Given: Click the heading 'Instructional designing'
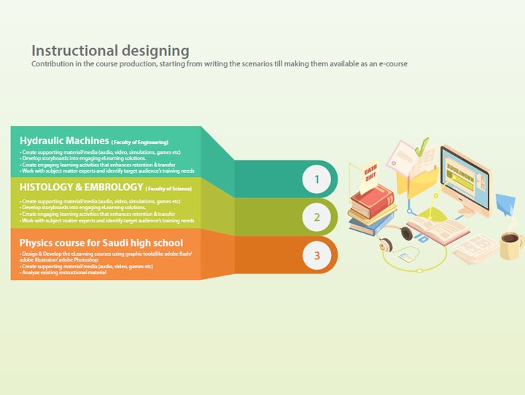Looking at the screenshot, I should click(x=110, y=51).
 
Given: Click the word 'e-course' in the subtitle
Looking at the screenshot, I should click(x=391, y=64).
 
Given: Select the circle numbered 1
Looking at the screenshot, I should click(x=316, y=179).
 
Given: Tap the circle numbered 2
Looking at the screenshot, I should click(x=316, y=217).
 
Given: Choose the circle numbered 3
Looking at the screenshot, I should click(x=316, y=255).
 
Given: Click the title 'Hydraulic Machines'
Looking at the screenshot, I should click(x=64, y=140).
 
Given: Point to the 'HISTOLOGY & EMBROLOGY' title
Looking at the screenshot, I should click(x=81, y=187).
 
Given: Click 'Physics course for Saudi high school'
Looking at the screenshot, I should click(x=101, y=243).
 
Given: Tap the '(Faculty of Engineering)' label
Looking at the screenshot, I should click(x=140, y=141).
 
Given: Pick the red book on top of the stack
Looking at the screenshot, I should click(x=372, y=197).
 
